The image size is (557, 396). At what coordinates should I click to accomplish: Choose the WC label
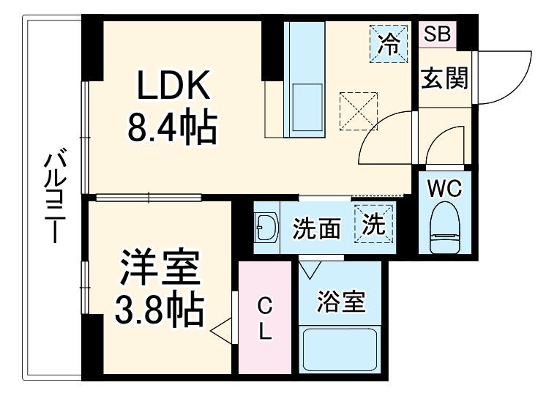point(444,189)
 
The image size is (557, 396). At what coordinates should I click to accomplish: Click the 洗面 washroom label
point(317,229)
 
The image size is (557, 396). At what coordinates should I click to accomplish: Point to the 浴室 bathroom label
point(341,301)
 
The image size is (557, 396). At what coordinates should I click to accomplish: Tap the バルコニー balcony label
point(52,198)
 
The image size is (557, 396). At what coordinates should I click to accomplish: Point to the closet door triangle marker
point(223,331)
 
